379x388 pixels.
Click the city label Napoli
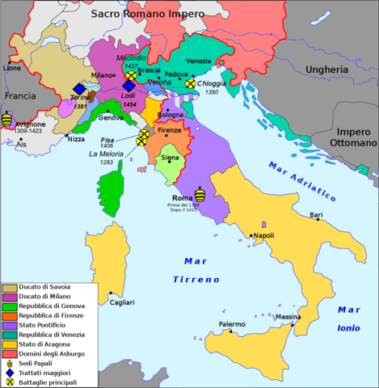click(x=263, y=236)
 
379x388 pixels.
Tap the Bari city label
click(x=315, y=215)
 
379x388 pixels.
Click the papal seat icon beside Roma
click(x=200, y=194)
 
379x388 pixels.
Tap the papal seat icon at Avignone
click(x=7, y=120)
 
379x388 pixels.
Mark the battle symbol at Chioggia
click(x=190, y=82)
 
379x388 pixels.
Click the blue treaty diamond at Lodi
click(x=128, y=86)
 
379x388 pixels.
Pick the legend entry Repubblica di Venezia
click(x=50, y=332)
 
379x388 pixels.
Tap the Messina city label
click(x=288, y=317)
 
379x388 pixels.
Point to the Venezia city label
click(x=200, y=61)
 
